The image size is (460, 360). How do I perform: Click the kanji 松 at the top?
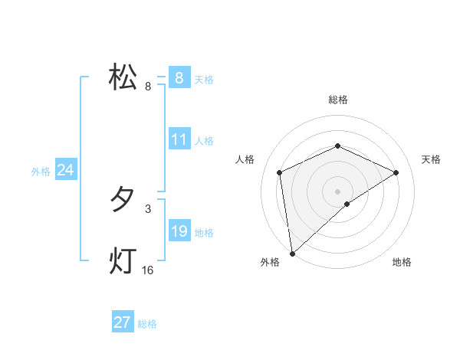(x=123, y=78)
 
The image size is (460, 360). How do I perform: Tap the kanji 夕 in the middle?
(x=123, y=200)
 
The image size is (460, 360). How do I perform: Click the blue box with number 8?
(x=179, y=77)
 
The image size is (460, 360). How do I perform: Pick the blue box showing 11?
(x=179, y=140)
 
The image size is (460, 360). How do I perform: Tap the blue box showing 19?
(x=179, y=231)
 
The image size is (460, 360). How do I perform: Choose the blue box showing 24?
(x=66, y=170)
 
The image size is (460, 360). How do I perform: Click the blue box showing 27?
(x=123, y=322)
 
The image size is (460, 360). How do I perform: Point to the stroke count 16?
(x=148, y=270)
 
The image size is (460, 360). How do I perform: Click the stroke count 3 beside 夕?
(x=148, y=208)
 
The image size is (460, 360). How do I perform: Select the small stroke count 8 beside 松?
(x=148, y=87)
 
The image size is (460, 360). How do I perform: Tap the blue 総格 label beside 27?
(x=147, y=324)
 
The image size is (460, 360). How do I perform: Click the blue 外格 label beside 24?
(x=41, y=172)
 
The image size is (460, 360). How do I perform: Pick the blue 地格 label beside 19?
(x=204, y=233)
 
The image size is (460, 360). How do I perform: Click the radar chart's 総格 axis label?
(x=338, y=100)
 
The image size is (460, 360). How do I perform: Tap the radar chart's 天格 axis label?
(x=432, y=159)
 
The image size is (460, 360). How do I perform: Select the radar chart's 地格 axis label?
(x=402, y=262)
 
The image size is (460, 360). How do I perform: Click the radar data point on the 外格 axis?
(x=292, y=253)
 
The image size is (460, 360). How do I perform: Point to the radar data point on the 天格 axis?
(x=396, y=172)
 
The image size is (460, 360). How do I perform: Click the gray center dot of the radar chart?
(x=338, y=191)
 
